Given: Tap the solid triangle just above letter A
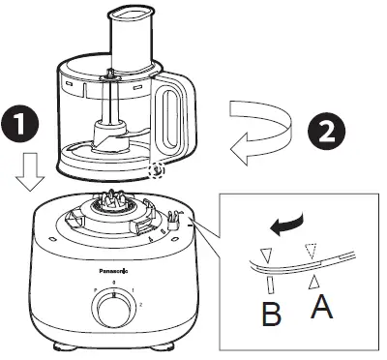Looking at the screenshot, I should pos(313,281).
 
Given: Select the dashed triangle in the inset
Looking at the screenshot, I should pos(310,252).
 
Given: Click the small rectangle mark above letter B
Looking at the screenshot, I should pos(272,285).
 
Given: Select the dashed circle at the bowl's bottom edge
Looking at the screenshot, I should pos(154,170).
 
